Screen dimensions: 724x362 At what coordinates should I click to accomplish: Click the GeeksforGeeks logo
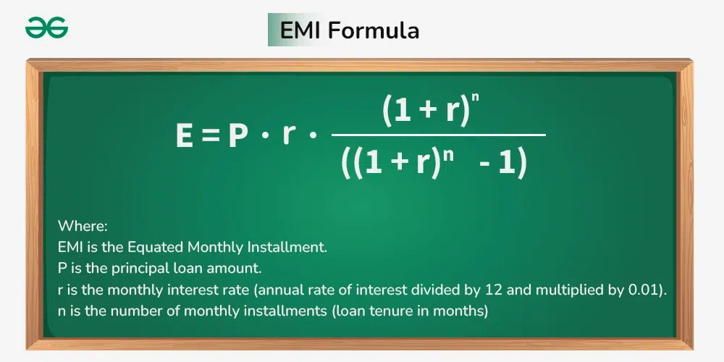click(x=46, y=28)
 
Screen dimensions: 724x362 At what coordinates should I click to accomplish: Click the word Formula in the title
click(x=374, y=30)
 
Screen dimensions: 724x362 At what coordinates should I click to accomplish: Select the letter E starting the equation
click(x=185, y=136)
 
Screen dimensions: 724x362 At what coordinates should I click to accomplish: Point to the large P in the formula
click(x=238, y=136)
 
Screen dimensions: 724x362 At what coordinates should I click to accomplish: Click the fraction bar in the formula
click(x=439, y=135)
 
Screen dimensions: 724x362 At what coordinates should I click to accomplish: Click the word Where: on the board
click(x=83, y=226)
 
